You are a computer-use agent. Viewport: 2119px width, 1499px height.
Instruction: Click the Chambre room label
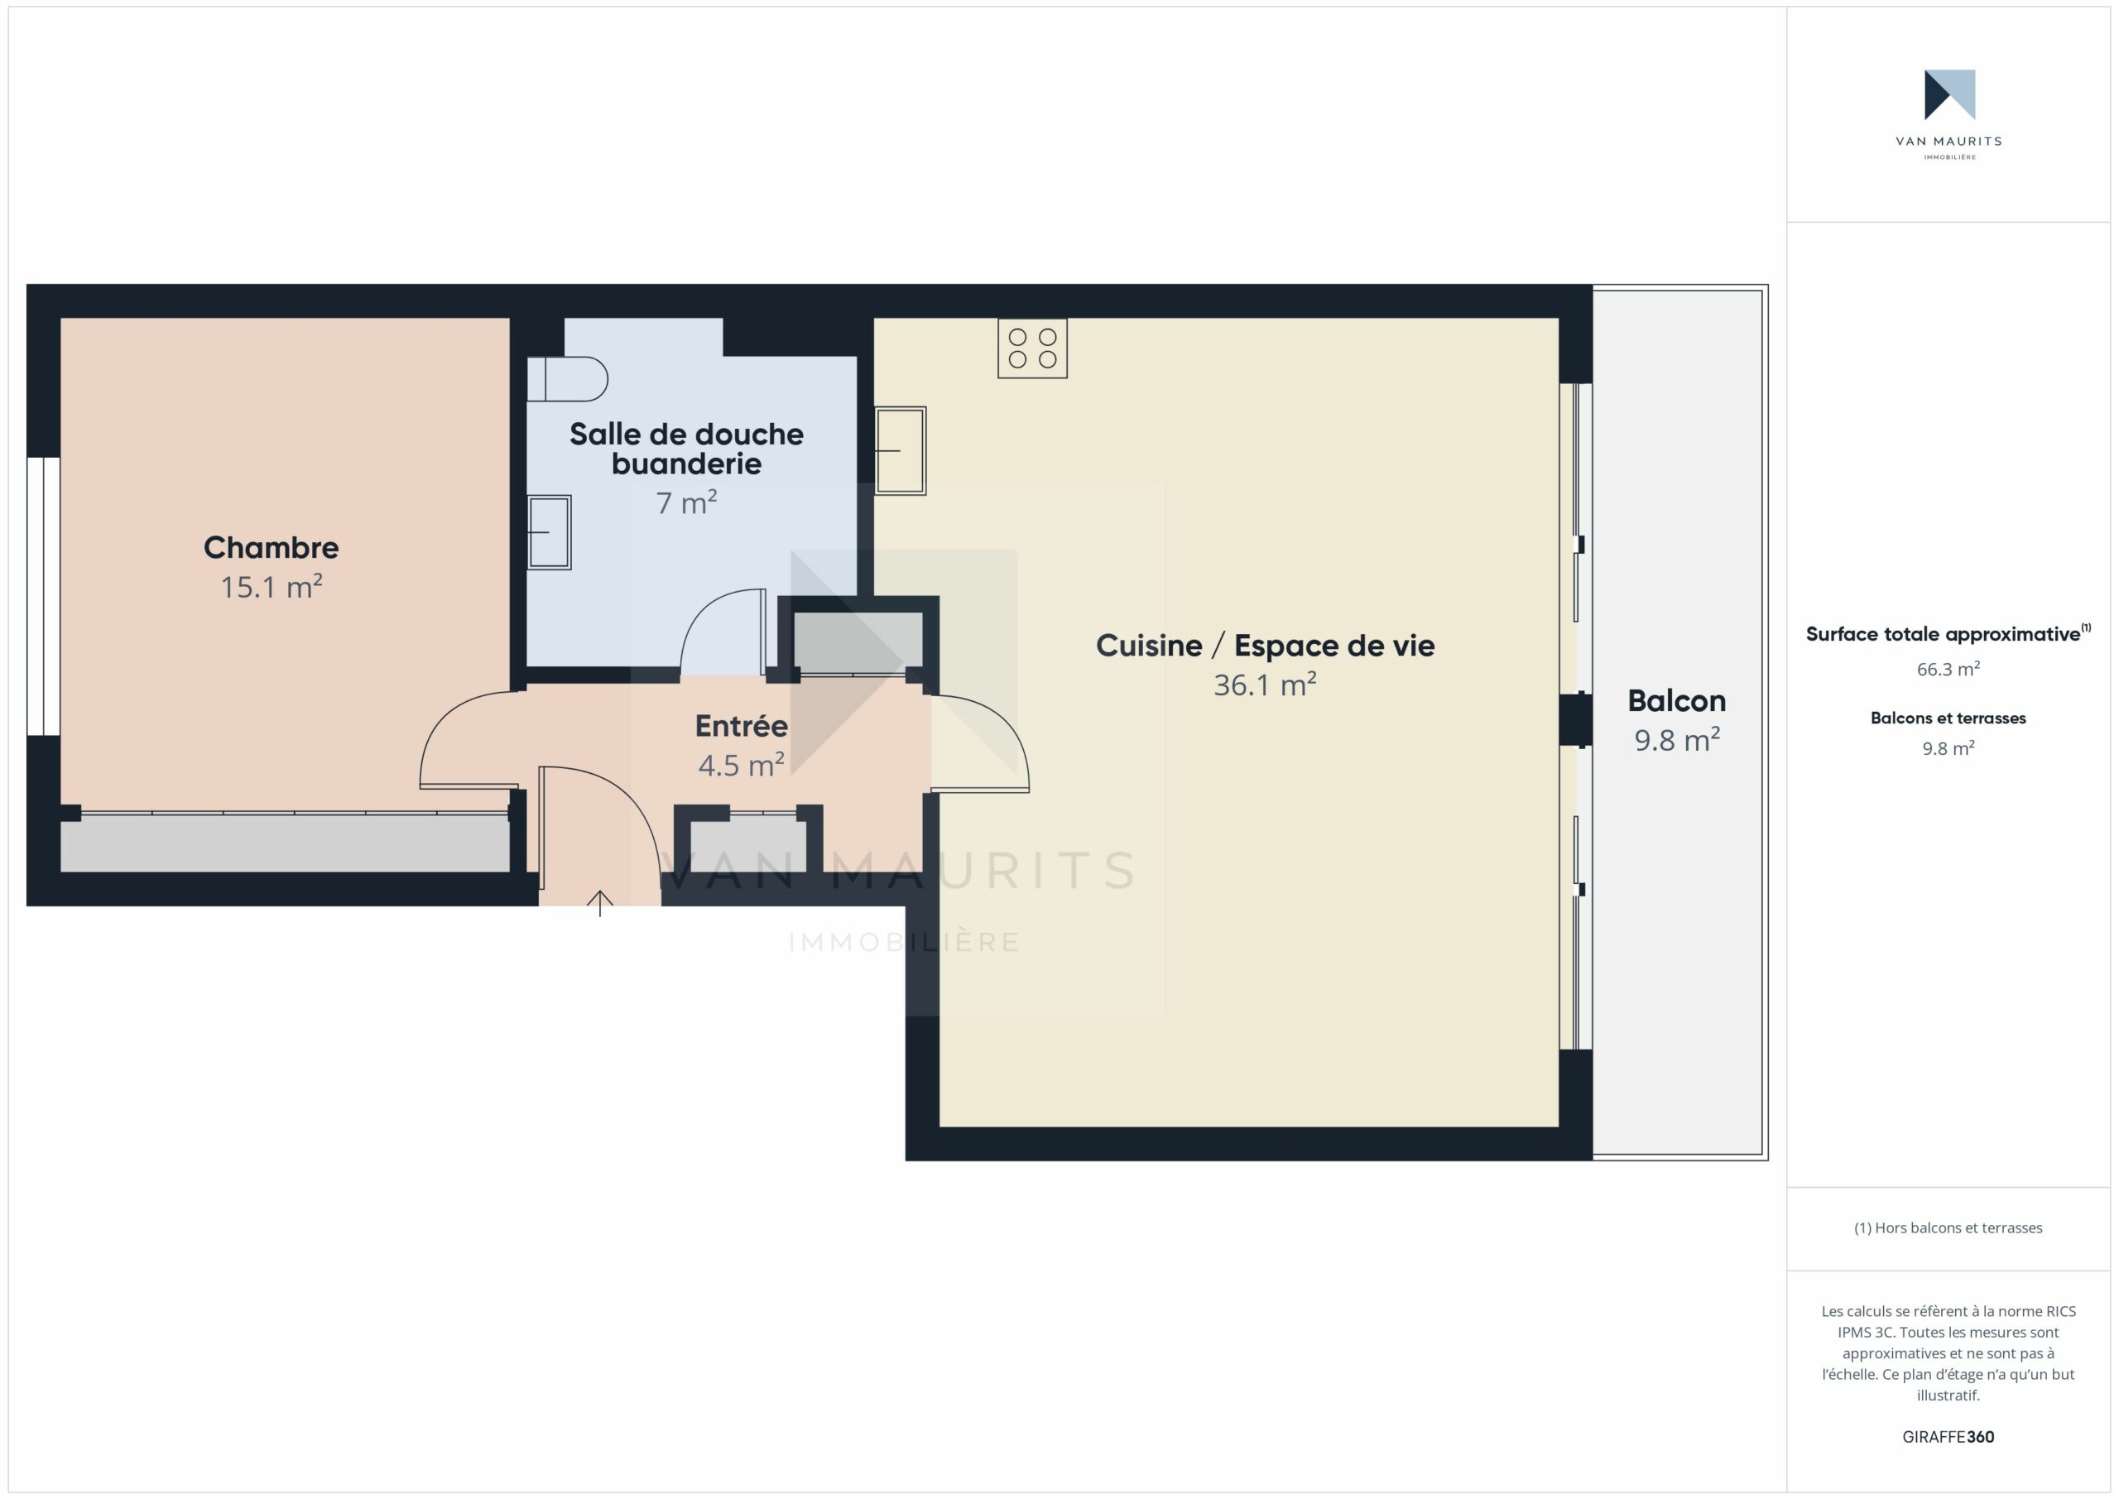271,547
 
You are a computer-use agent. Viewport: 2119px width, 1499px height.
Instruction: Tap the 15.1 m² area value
271,587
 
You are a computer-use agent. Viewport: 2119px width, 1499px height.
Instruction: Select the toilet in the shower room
567,378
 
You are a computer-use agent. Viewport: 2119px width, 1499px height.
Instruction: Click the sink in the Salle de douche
549,532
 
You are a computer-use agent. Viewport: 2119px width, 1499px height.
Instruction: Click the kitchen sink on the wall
900,451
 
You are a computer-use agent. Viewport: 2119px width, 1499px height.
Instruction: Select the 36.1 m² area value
1266,685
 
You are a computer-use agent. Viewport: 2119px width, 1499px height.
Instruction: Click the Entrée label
741,726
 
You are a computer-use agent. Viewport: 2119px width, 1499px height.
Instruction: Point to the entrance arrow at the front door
600,903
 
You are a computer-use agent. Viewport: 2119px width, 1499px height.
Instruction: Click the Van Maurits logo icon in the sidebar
1949,95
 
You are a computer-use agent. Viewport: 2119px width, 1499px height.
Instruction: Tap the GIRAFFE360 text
1948,1437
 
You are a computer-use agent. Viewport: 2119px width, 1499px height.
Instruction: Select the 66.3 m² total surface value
1948,669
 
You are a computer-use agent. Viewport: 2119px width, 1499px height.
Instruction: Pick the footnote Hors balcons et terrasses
1948,1228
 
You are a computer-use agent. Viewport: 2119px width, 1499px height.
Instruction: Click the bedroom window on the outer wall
43,596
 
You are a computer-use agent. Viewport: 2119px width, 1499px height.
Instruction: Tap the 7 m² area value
687,503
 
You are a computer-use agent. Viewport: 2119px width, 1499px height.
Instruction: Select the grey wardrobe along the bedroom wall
286,843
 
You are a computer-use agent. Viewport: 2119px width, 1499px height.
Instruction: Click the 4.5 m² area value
741,765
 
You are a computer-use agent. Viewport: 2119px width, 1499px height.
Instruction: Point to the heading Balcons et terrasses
1948,718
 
